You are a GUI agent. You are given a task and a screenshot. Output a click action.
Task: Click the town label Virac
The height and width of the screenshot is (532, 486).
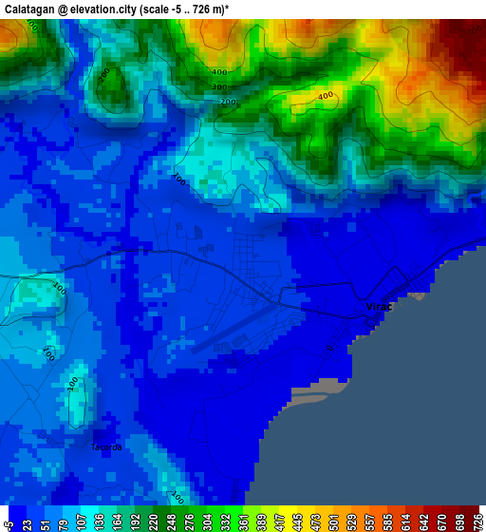tap(379, 307)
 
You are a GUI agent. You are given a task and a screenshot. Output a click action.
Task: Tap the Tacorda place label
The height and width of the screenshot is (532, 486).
tap(105, 447)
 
